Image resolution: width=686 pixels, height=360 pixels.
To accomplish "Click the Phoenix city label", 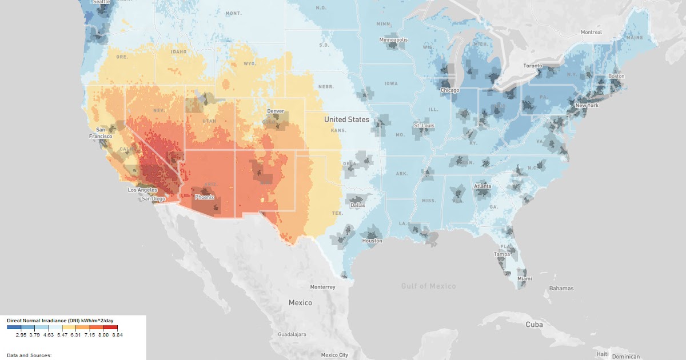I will click(204, 197).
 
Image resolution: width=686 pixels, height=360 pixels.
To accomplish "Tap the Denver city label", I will click(276, 111).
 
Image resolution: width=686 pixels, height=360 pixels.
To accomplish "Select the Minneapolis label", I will click(394, 40).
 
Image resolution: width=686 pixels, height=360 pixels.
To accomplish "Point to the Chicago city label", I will click(450, 90).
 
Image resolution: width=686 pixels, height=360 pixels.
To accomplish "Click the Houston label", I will click(372, 241).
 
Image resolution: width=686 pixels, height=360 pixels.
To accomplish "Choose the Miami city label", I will click(524, 278).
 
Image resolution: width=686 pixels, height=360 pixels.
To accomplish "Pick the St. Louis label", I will click(424, 125).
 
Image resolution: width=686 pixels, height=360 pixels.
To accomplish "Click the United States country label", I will click(346, 119).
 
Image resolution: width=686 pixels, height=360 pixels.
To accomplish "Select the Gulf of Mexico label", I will click(429, 286).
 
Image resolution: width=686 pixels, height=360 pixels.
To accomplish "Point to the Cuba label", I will click(535, 324).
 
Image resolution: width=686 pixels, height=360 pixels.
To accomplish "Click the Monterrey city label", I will click(323, 286).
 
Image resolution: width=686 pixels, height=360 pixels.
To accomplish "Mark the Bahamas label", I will click(561, 289).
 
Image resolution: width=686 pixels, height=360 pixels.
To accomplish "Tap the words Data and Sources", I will click(29, 355).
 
